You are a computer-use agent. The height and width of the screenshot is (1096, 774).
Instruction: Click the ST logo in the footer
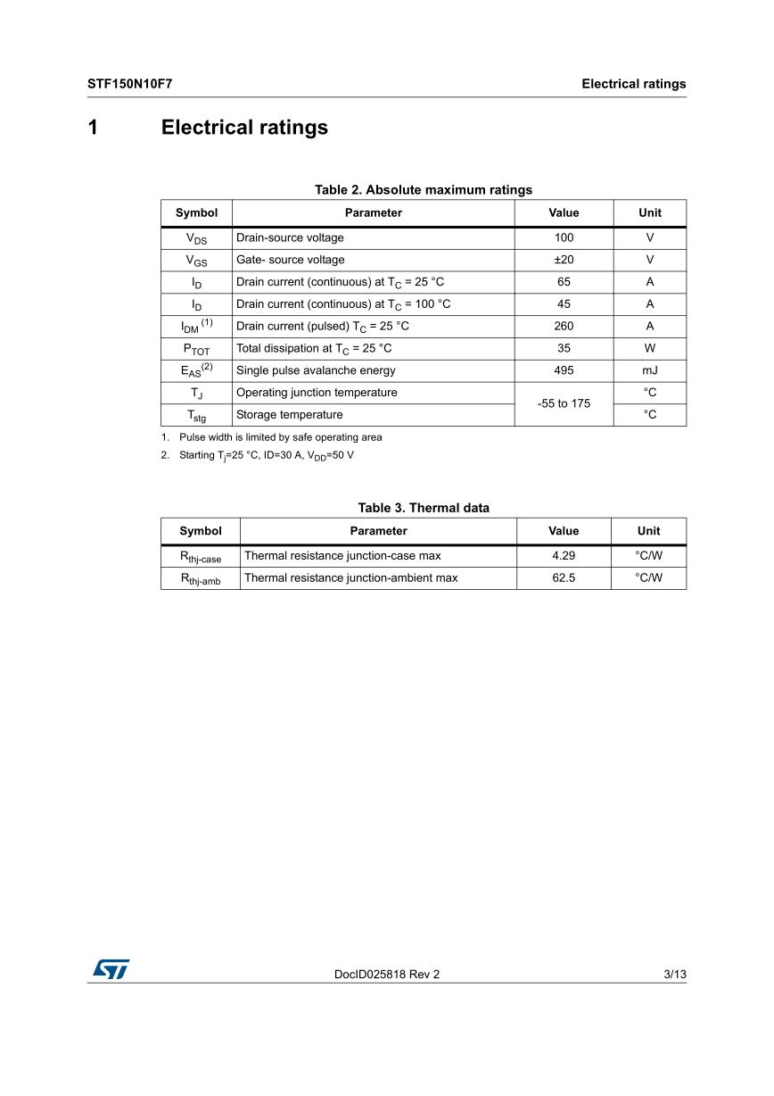tap(108, 968)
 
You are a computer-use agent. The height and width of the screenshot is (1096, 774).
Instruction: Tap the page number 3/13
tap(675, 975)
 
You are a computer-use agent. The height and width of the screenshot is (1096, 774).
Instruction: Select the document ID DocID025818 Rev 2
tap(387, 975)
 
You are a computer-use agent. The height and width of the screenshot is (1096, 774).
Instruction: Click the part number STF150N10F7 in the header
tap(129, 84)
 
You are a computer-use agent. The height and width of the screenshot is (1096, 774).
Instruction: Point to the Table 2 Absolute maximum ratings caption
tap(423, 189)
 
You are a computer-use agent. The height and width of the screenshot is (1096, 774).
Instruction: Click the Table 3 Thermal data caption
tap(423, 508)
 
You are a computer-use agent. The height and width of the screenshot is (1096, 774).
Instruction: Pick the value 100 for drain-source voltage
tap(564, 237)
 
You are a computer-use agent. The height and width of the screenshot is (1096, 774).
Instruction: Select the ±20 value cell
tap(564, 260)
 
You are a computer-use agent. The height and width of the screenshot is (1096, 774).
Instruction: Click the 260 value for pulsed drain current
tap(564, 326)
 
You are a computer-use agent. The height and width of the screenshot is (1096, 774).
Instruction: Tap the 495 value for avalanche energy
tap(564, 370)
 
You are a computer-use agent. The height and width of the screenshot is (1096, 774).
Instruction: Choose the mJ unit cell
tap(649, 370)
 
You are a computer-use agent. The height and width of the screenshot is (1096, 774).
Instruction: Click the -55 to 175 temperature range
tap(564, 403)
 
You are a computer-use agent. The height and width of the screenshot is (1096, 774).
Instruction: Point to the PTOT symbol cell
tap(196, 349)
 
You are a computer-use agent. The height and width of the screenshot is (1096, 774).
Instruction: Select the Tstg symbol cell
tap(196, 415)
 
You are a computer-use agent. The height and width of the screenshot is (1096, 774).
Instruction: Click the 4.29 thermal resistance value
tap(564, 555)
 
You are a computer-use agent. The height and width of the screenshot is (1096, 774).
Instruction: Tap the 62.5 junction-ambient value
tap(564, 577)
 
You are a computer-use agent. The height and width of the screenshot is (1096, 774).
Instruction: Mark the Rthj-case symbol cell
tap(201, 556)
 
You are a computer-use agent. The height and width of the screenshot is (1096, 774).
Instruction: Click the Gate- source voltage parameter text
tap(290, 260)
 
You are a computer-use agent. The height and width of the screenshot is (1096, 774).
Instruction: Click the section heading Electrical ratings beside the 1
tap(244, 128)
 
